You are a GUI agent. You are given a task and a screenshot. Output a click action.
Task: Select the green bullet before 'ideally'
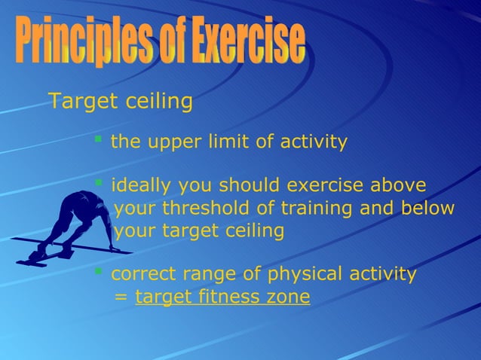pos(98,183)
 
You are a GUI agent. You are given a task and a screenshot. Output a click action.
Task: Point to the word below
pos(428,209)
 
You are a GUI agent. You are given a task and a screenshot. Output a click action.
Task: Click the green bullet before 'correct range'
pos(98,270)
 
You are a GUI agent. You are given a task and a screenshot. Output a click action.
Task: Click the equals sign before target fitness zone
pos(120,297)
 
